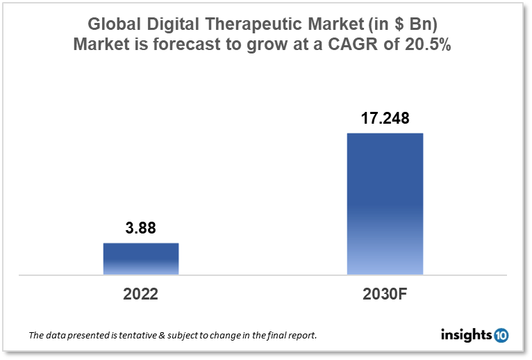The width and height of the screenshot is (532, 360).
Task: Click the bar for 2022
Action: (x=141, y=259)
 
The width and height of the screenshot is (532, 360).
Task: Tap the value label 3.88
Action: (x=141, y=229)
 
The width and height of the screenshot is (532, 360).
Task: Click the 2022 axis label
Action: (x=141, y=294)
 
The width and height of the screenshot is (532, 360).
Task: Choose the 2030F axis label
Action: (x=385, y=294)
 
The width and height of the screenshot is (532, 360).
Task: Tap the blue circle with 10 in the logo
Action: (x=501, y=336)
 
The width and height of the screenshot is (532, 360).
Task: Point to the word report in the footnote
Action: (x=303, y=336)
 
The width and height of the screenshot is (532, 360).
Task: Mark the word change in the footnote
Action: (x=230, y=336)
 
